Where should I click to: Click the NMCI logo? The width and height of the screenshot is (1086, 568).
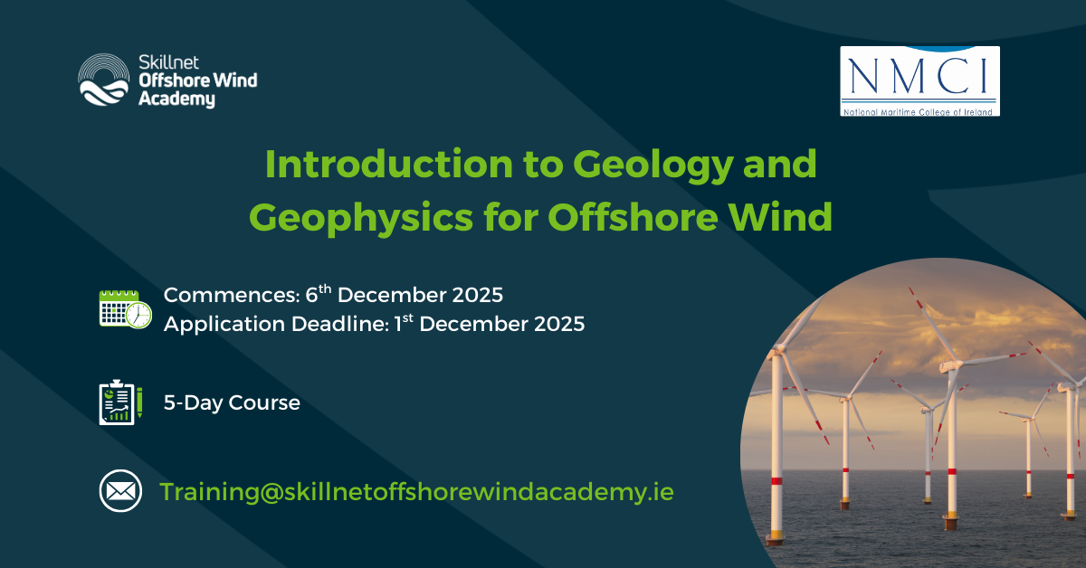click(919, 80)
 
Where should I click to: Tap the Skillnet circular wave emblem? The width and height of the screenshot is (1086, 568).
click(104, 80)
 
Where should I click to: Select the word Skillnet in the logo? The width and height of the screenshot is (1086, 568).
click(168, 62)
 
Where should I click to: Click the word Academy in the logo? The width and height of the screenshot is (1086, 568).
click(176, 99)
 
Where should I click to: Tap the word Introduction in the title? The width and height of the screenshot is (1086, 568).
click(389, 164)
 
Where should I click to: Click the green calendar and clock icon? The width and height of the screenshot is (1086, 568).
click(125, 309)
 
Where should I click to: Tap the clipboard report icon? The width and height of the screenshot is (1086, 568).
click(120, 402)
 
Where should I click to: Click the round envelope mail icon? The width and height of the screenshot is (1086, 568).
click(120, 490)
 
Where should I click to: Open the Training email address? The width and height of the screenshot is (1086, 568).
click(416, 492)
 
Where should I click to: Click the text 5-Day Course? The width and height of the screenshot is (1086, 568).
click(232, 402)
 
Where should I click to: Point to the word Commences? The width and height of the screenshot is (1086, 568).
click(232, 295)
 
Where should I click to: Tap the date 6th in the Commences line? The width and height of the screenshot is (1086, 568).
click(318, 293)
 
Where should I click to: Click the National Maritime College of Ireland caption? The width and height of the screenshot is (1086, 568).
click(918, 112)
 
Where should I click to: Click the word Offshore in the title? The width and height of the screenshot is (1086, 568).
click(633, 216)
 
